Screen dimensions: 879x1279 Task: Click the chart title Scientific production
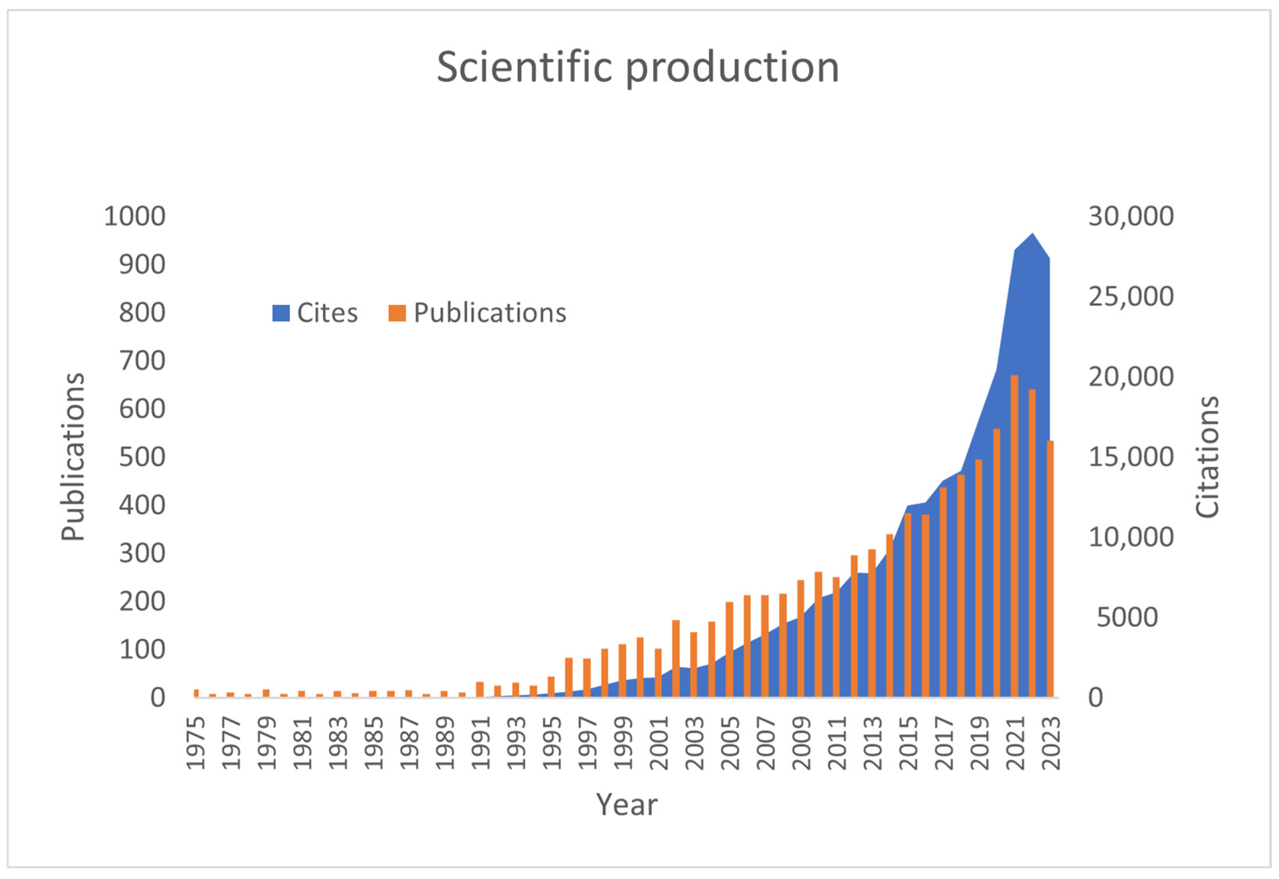638,67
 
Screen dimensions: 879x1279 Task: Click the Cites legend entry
315,313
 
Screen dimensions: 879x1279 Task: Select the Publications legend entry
477,313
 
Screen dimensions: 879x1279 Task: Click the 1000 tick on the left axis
135,216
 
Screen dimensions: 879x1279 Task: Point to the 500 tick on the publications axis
142,457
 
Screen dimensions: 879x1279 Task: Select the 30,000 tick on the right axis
1131,216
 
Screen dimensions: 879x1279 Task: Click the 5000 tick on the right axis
1126,617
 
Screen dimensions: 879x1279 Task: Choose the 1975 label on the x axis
196,742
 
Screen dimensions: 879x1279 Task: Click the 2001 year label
659,742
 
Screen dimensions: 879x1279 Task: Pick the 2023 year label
1051,742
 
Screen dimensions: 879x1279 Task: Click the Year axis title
627,804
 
